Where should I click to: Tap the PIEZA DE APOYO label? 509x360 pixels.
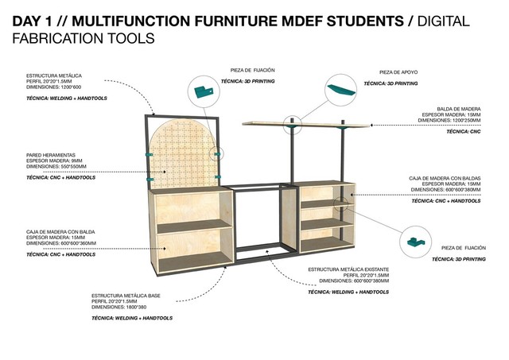pos(401,72)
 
